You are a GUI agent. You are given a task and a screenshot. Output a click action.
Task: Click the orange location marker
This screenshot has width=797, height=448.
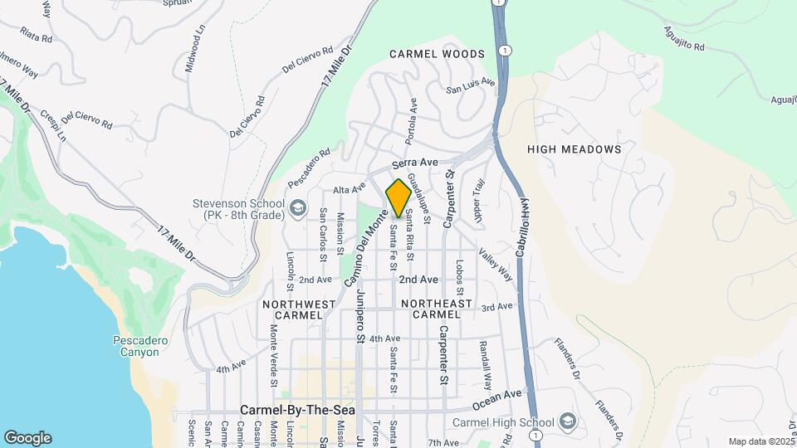pos(398,198)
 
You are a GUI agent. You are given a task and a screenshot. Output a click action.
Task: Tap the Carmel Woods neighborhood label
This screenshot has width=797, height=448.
pos(437,54)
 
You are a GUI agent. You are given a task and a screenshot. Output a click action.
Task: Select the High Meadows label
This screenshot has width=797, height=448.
pos(575,149)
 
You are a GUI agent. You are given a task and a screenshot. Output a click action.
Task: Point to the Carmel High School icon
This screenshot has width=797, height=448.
pos(567,421)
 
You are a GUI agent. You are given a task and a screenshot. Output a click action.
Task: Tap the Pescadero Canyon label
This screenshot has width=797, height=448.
pos(135,346)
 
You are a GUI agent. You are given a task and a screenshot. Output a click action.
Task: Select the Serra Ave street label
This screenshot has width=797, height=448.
pos(415,163)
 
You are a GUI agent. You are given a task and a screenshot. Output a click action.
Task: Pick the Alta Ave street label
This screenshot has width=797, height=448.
pos(350,189)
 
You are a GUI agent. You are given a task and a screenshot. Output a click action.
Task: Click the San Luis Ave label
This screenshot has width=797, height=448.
pos(471,85)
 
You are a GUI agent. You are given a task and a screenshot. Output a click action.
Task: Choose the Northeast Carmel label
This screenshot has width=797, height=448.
pos(437,309)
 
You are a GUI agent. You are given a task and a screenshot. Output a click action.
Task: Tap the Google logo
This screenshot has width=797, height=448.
pos(27,438)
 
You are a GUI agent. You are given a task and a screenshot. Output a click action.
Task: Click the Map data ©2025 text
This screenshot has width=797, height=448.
pos(760,441)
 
